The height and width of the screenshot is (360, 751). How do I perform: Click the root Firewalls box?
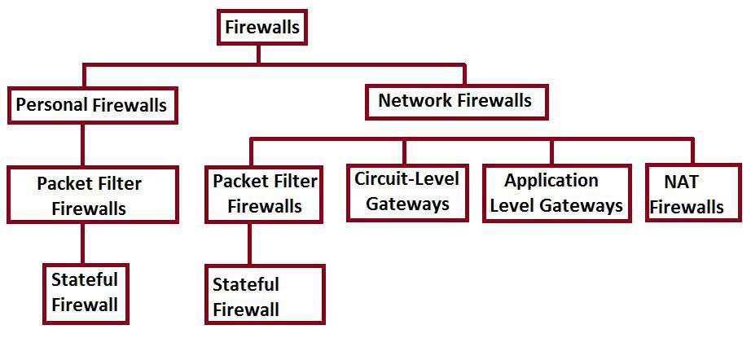262,28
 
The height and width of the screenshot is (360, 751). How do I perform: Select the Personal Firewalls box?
91,106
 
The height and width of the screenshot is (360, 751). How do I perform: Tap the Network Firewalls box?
455,102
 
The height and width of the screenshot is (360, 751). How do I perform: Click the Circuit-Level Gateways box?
406,192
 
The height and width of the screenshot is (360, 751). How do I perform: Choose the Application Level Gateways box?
557,193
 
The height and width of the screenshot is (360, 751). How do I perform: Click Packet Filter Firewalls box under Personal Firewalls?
92,195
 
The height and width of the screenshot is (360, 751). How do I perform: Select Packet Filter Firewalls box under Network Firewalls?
265,194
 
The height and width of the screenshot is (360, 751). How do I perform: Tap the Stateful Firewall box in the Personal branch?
85,292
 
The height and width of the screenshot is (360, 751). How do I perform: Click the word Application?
551,181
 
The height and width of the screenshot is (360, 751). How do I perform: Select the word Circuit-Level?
406,178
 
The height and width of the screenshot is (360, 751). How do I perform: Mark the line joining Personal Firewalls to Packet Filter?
82,145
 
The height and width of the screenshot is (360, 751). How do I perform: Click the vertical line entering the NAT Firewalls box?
692,151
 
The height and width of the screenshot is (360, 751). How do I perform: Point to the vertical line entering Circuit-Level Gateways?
403,151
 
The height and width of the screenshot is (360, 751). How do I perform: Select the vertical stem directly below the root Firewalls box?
259,54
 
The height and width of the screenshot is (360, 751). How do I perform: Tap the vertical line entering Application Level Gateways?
551,151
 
